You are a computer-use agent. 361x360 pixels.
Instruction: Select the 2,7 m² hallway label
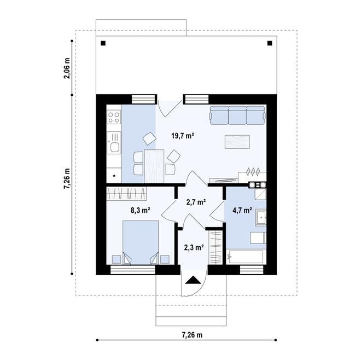196,202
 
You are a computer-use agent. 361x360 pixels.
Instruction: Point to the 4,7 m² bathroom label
242,210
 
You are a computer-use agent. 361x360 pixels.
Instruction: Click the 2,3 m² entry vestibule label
194,247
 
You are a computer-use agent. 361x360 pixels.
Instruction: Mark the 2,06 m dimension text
67,68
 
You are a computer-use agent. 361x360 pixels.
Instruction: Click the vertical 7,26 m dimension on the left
67,178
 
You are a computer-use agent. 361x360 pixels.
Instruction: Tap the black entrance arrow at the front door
193,281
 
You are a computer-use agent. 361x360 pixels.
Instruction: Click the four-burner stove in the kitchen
114,117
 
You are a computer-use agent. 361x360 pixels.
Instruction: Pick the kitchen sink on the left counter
114,146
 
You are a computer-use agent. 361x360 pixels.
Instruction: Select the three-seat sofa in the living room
237,115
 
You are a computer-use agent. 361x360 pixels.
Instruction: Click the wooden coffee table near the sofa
237,141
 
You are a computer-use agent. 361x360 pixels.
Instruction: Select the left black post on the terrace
103,43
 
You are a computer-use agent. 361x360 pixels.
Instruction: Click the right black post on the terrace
269,43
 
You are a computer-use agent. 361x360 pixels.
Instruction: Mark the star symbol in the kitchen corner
114,176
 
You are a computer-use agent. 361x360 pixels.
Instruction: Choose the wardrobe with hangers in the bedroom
127,193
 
